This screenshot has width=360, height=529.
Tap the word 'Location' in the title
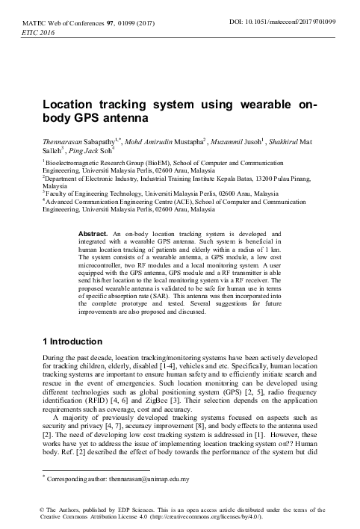(69, 106)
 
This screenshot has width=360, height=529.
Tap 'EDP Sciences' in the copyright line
(120, 510)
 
